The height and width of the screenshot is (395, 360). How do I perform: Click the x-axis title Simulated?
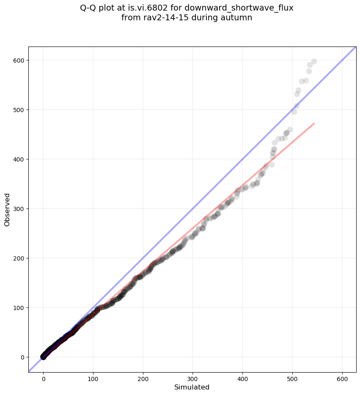pos(192,387)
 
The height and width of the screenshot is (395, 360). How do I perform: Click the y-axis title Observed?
pos(7,209)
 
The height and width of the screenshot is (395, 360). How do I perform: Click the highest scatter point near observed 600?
pos(314,62)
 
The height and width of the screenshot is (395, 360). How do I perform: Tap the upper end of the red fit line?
pos(314,123)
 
